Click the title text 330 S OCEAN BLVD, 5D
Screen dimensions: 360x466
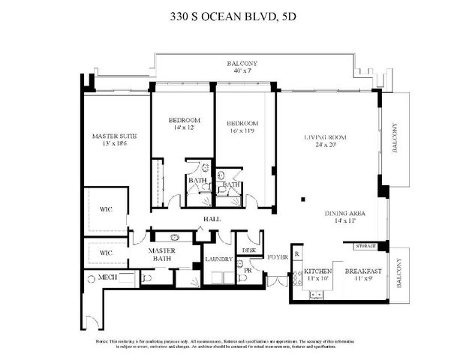[x=233, y=15]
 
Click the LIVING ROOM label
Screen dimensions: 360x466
[x=325, y=137]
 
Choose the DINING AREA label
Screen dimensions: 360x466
[x=345, y=213]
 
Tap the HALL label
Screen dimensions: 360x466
[x=208, y=219]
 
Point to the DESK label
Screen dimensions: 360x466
[x=248, y=250]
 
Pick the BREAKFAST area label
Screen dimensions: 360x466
[x=363, y=271]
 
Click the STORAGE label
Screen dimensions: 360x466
[x=365, y=245]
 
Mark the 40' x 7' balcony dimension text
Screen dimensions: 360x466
[x=242, y=72]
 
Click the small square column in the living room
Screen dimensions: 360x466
[x=303, y=199]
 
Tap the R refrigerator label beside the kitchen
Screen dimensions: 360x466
[x=296, y=253]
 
